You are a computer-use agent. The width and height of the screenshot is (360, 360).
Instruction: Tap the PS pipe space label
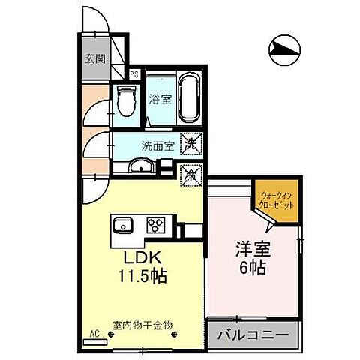[x=135, y=73]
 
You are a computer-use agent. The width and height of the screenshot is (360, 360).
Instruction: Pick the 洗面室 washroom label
[x=159, y=146]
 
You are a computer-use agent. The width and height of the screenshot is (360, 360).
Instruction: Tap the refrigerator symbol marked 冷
[x=192, y=175]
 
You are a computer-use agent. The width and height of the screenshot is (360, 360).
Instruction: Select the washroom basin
[x=139, y=166]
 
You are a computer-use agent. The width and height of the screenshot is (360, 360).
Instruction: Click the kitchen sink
[x=123, y=224]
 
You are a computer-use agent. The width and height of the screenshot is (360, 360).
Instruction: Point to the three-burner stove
[x=156, y=224]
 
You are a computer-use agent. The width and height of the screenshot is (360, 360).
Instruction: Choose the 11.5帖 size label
[x=140, y=275]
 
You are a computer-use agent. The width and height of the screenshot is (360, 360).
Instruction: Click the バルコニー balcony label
[x=253, y=334]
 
